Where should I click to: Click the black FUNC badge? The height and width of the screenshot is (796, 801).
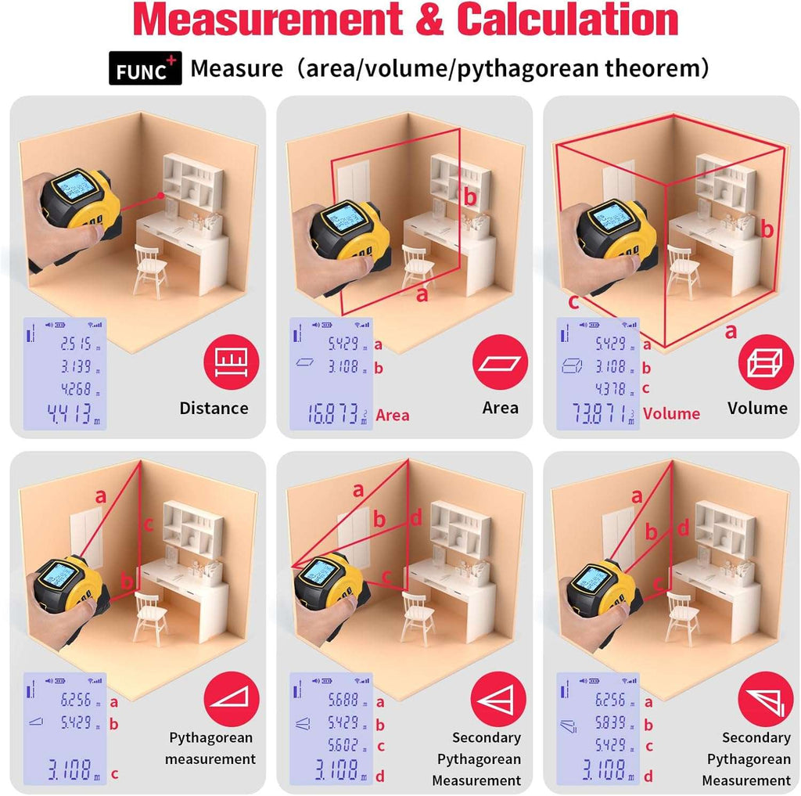(145, 70)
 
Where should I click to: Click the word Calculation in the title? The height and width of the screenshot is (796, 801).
(567, 21)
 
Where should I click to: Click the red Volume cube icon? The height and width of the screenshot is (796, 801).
(766, 362)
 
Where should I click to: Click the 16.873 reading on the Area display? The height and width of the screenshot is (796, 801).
(329, 414)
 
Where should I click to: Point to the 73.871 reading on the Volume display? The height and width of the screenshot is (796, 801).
(595, 414)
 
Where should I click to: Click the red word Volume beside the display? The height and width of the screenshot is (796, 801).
(671, 413)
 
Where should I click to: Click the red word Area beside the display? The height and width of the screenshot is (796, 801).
(392, 415)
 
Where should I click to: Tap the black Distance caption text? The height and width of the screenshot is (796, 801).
(214, 408)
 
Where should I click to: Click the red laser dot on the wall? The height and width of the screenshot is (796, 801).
(160, 195)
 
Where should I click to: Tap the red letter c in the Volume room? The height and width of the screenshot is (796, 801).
(573, 302)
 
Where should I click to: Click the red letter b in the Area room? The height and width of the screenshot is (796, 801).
(469, 197)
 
